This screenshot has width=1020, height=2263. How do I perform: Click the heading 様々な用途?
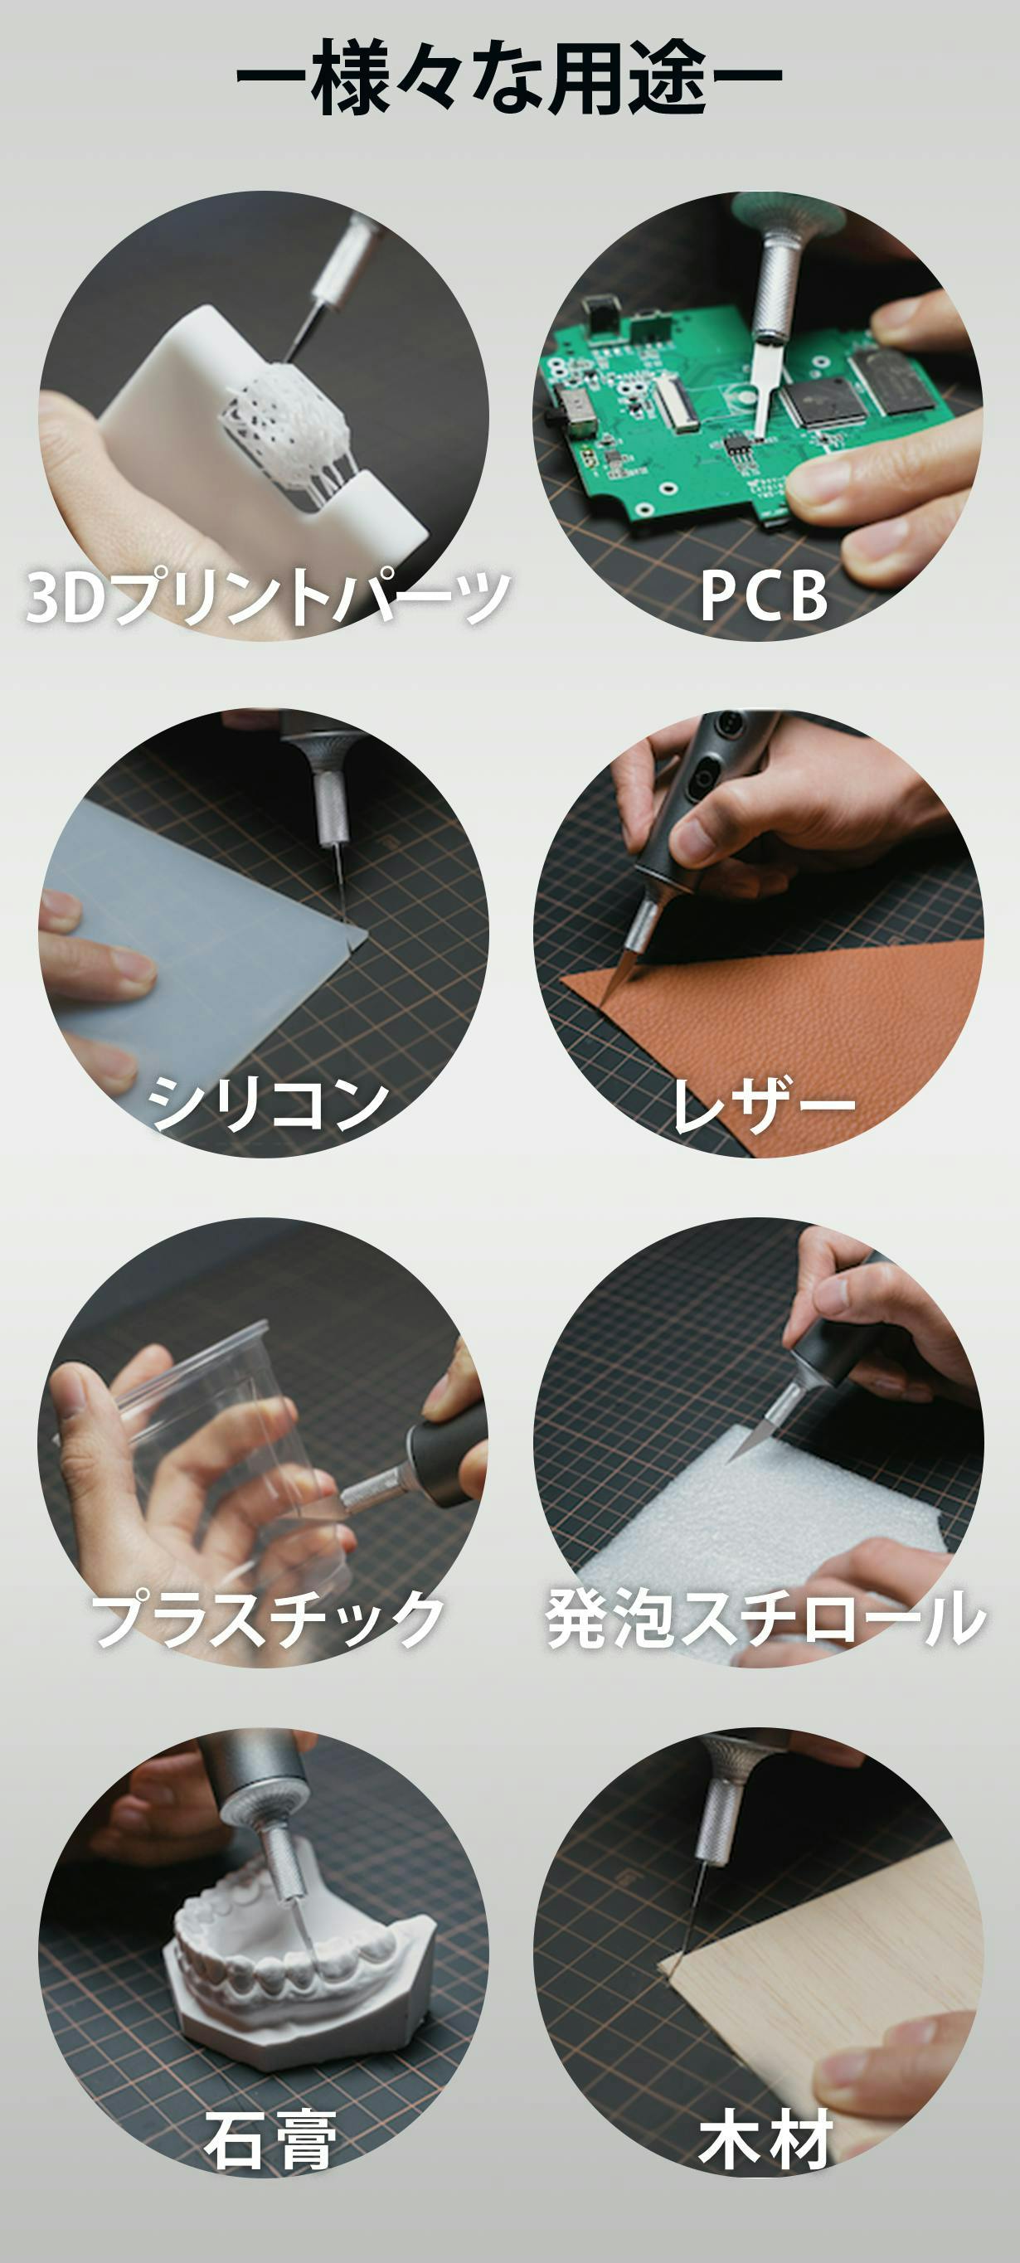tap(509, 77)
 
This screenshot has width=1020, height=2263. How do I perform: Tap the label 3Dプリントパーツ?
tap(268, 596)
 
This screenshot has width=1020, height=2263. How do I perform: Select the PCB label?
tap(764, 595)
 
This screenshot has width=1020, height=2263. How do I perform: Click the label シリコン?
tap(268, 1104)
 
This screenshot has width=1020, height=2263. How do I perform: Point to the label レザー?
tap(763, 1104)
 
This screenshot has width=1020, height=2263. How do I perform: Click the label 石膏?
tap(269, 2139)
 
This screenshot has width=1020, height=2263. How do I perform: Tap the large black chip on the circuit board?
tap(825, 403)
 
